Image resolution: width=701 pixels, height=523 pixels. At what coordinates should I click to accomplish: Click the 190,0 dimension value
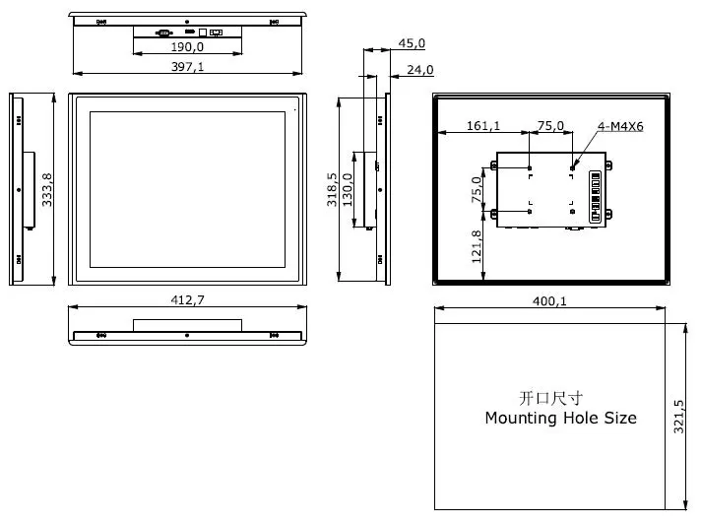187,46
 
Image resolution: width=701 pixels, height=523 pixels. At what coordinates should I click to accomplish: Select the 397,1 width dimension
187,65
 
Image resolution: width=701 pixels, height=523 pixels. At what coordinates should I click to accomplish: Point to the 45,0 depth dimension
412,43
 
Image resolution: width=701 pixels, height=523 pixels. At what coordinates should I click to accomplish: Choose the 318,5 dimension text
333,189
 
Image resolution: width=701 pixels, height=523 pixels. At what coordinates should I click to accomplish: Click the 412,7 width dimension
187,299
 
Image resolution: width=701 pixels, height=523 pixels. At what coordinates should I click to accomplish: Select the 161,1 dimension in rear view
482,125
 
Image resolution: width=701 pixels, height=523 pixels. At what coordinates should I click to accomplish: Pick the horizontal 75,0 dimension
550,125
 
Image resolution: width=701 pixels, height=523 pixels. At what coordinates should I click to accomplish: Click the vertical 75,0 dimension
477,188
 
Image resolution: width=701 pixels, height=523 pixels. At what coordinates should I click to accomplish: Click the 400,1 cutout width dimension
549,301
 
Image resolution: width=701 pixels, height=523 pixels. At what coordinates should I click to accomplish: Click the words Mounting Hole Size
560,418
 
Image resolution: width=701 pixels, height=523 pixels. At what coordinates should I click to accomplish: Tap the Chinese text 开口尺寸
550,398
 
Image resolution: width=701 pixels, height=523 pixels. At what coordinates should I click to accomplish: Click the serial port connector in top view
163,33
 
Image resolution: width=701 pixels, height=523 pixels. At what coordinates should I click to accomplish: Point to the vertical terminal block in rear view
594,197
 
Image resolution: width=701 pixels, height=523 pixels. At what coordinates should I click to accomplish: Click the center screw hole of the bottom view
187,335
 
